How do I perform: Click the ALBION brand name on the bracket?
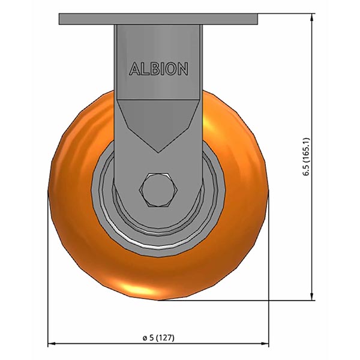click(x=159, y=69)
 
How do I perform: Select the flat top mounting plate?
click(x=159, y=19)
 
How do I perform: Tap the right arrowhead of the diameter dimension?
click(x=266, y=344)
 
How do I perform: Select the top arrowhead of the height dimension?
click(x=313, y=17)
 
